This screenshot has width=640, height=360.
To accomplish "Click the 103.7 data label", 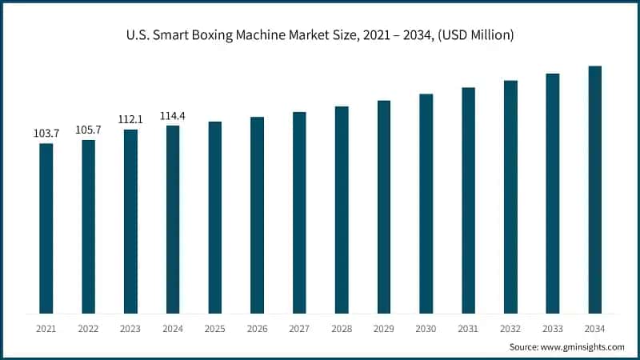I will [x=46, y=134].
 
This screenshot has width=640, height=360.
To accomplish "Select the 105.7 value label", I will [x=89, y=130].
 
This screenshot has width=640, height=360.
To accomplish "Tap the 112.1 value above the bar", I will [x=130, y=119].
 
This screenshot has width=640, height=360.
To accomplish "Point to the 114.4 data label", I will [x=173, y=115].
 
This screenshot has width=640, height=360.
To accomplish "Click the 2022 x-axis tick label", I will [x=89, y=329].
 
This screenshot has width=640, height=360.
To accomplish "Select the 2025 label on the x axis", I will [x=215, y=329].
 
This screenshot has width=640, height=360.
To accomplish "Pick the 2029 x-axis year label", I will [x=384, y=329].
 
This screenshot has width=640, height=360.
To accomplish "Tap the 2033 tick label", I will [x=552, y=329].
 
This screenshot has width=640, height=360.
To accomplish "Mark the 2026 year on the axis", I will [x=257, y=329].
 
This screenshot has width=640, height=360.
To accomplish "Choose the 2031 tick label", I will [x=468, y=329].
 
